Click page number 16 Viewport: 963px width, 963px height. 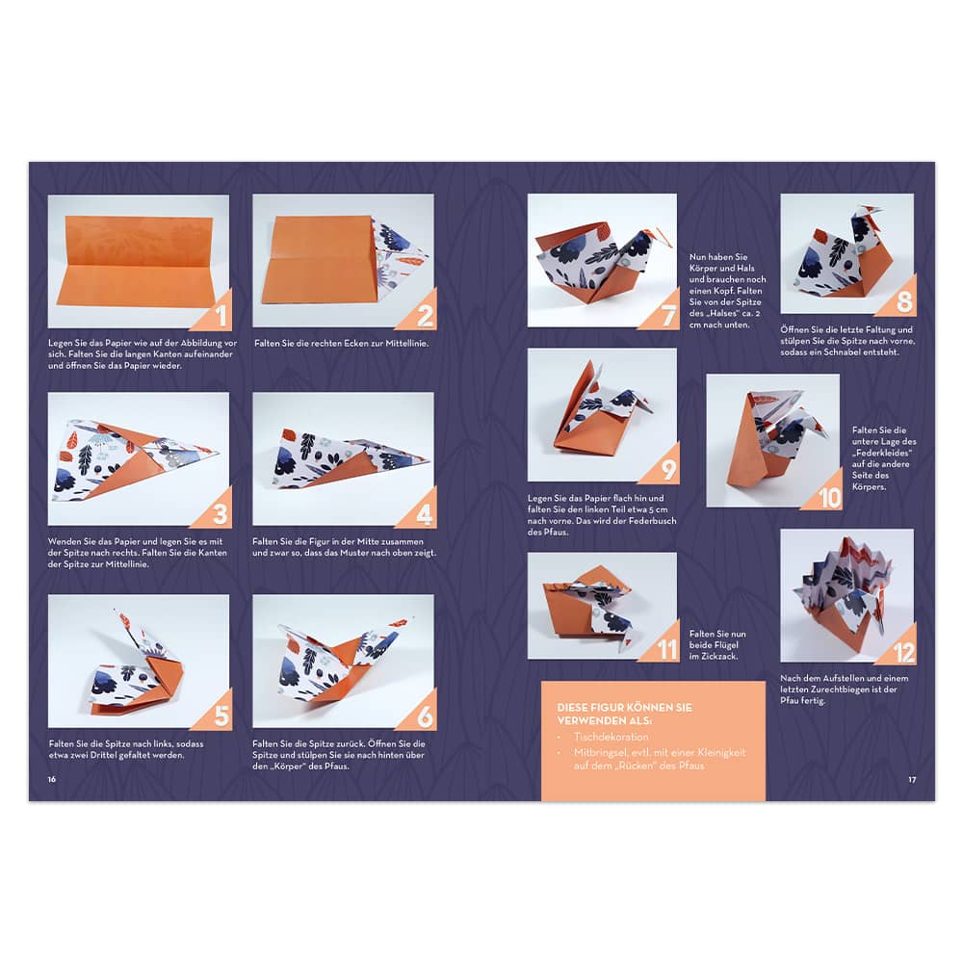[52, 779]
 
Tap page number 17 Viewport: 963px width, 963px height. [912, 779]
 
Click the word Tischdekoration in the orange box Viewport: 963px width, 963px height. [612, 737]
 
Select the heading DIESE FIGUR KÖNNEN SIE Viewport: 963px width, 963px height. [624, 708]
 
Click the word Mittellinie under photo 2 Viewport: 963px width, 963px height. [406, 344]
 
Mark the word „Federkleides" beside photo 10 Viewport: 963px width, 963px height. [881, 454]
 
